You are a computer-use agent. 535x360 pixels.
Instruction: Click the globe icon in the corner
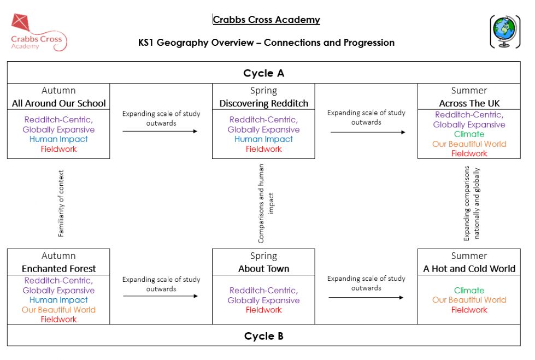[x=505, y=31]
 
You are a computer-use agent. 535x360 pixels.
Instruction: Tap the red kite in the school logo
[x=21, y=22]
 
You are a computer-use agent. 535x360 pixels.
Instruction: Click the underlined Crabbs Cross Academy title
[x=266, y=20]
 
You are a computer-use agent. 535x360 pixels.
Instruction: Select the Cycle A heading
[x=264, y=73]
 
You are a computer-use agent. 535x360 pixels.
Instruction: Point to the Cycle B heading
[x=264, y=336]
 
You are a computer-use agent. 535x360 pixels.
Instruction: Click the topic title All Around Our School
[x=58, y=103]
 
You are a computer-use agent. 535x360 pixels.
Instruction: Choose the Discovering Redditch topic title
[x=264, y=103]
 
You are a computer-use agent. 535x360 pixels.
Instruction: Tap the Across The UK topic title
[x=469, y=103]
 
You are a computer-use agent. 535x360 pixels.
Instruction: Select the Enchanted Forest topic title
[x=58, y=269]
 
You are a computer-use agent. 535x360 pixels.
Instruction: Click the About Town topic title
[x=264, y=269]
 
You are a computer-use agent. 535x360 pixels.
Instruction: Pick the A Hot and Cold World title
[x=469, y=269]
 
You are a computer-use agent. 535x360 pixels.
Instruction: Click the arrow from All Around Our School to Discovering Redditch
[x=160, y=131]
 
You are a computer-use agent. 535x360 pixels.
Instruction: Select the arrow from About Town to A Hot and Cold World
[x=366, y=298]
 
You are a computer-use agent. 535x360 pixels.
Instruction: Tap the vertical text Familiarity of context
[x=61, y=203]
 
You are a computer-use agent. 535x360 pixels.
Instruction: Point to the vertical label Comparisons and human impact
[x=266, y=204]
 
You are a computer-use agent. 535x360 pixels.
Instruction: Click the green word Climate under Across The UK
[x=469, y=134]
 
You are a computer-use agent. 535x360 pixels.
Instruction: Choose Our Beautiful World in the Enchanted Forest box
[x=58, y=310]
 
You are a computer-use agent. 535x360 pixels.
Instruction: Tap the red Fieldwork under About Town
[x=264, y=310]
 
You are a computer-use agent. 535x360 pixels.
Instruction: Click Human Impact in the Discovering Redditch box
[x=264, y=139]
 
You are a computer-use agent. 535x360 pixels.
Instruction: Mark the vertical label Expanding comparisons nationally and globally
[x=472, y=203]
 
